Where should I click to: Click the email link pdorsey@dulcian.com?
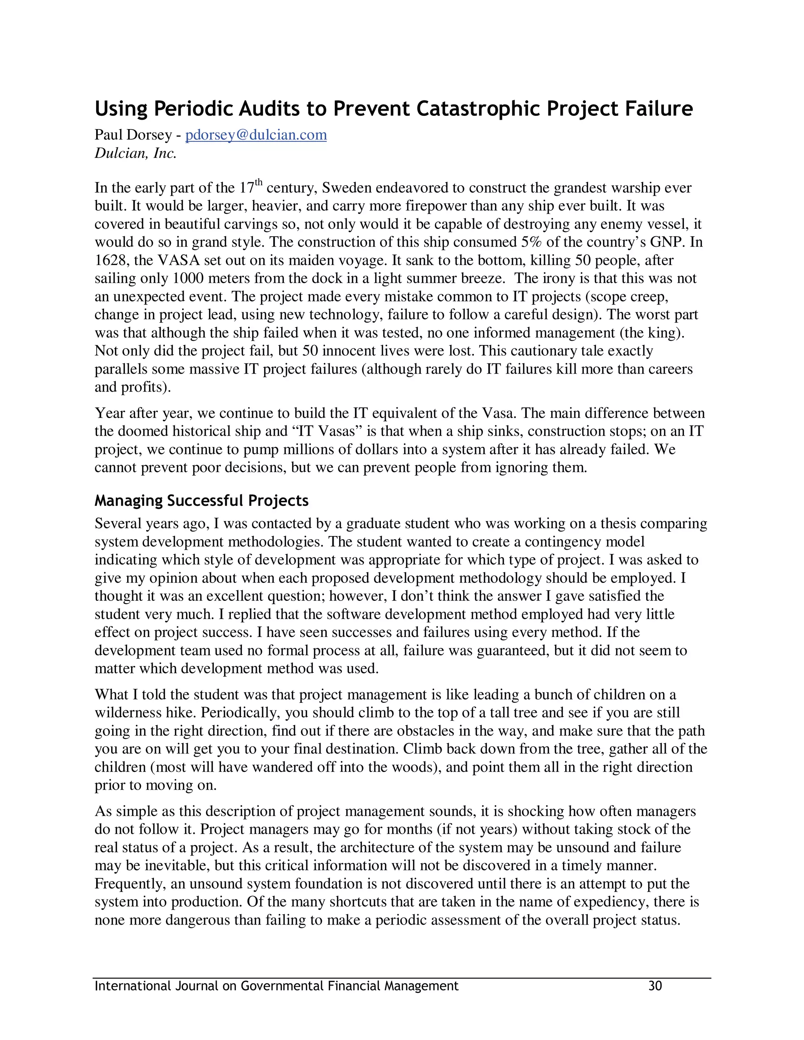(x=256, y=135)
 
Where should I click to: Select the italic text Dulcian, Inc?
(x=135, y=153)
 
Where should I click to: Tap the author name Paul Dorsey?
(x=133, y=135)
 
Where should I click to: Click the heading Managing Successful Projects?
(x=201, y=500)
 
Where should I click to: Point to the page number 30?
(x=655, y=986)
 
